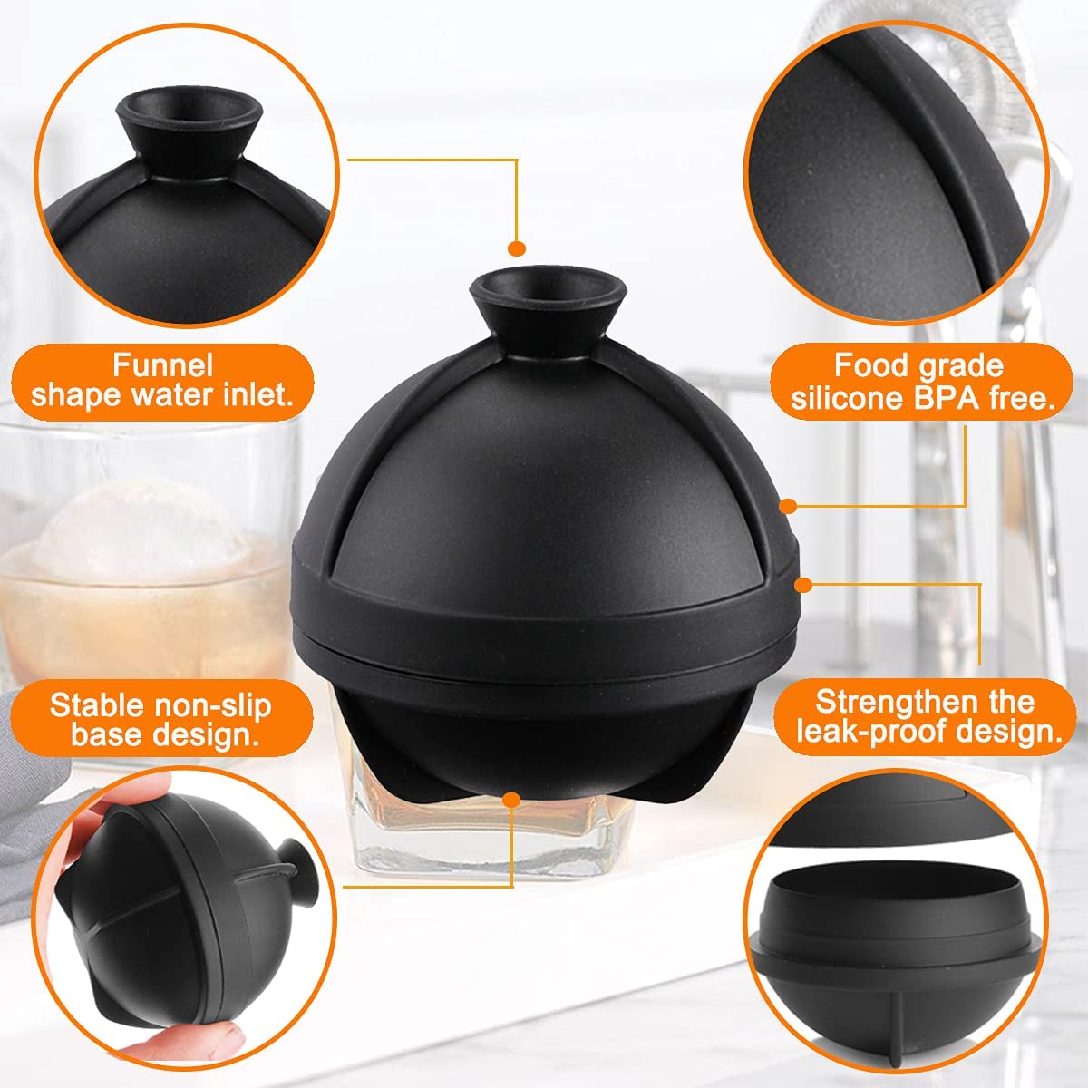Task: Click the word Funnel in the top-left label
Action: pyautogui.click(x=162, y=365)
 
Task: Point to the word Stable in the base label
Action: pyautogui.click(x=95, y=704)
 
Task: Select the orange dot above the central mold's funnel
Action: pyautogui.click(x=517, y=248)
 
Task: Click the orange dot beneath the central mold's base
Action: pyautogui.click(x=511, y=800)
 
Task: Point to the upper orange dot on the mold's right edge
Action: pyautogui.click(x=789, y=507)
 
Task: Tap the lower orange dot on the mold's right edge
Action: pyautogui.click(x=803, y=585)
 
